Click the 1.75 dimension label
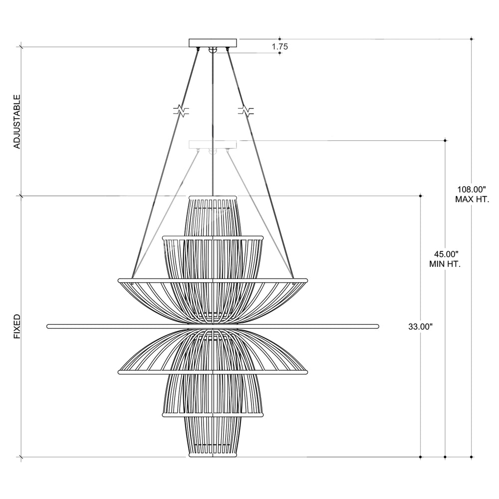(x=280, y=46)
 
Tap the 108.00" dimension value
(x=472, y=190)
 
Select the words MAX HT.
(x=472, y=200)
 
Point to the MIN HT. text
(x=445, y=264)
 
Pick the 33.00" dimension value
(x=420, y=326)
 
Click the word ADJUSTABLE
(x=17, y=122)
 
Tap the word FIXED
(x=17, y=326)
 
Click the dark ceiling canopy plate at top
(x=213, y=43)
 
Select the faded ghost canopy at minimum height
(x=213, y=145)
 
